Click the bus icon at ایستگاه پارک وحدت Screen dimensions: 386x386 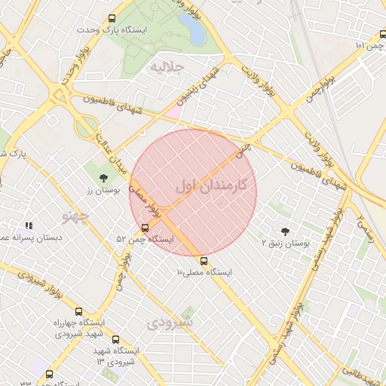[112, 18]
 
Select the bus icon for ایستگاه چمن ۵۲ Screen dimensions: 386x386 [145, 227]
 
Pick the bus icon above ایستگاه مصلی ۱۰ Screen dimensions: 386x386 [204, 260]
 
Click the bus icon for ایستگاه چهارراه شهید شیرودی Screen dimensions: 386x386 [78, 311]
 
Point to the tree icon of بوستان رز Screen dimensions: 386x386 [103, 178]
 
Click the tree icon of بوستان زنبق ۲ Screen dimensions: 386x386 [285, 231]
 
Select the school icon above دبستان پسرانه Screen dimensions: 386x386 [29, 225]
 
